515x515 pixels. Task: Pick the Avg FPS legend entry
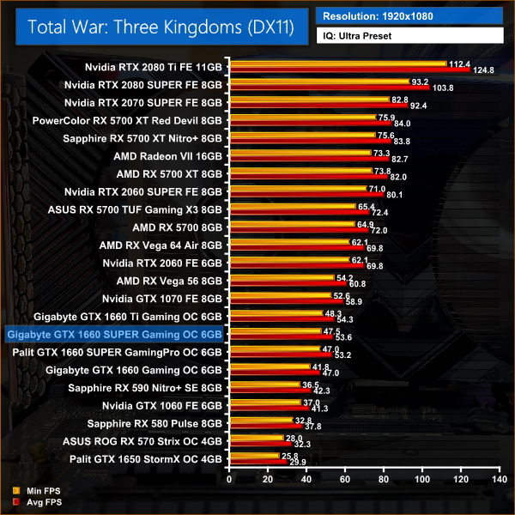click(36, 501)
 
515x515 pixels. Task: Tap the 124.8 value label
click(484, 70)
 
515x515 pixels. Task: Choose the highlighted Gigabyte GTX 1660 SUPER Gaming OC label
click(114, 334)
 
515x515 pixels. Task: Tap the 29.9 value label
click(296, 463)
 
